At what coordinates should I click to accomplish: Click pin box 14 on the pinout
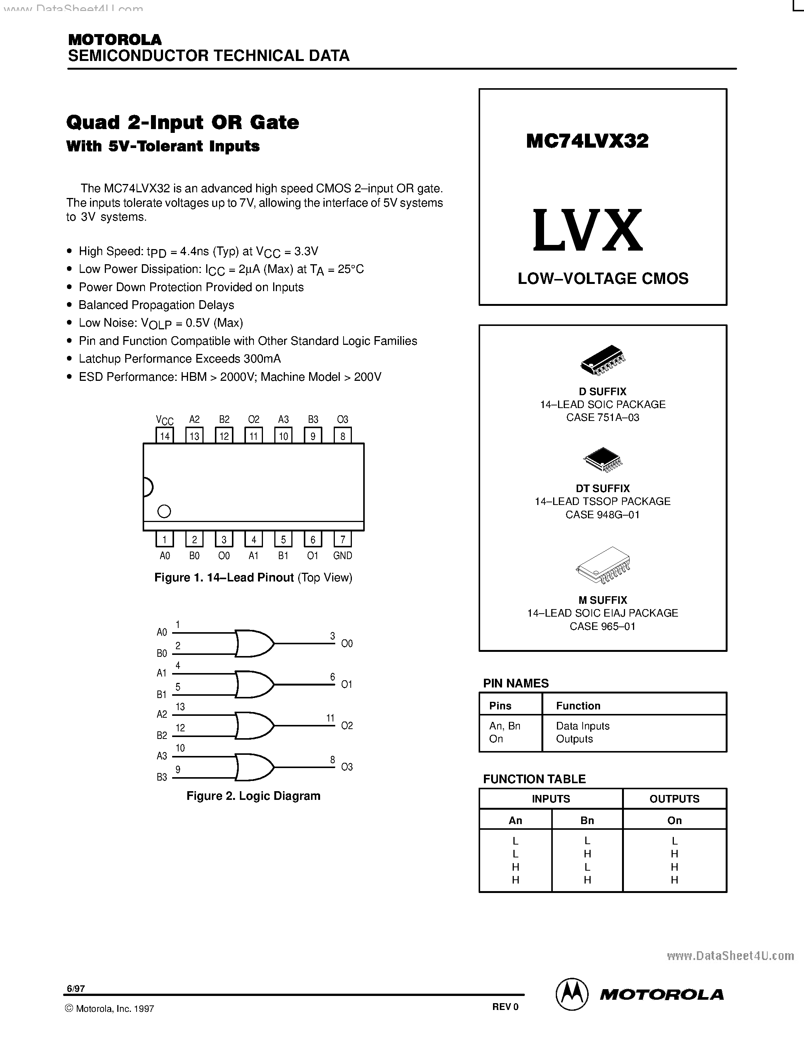tap(165, 436)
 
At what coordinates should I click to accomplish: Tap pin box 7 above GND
tap(342, 539)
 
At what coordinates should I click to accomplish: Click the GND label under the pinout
tap(342, 555)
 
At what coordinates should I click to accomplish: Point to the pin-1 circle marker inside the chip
tap(164, 511)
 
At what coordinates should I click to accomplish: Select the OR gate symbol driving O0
tap(254, 644)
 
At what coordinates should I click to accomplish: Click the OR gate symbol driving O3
tap(254, 767)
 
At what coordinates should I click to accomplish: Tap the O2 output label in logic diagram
tap(347, 725)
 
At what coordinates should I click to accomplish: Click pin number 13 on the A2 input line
tap(180, 707)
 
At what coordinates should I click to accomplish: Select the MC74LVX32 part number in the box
tap(587, 141)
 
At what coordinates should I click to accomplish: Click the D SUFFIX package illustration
tap(602, 359)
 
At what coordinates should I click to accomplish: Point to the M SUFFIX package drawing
tap(602, 566)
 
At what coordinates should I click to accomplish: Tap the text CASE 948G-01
tap(602, 515)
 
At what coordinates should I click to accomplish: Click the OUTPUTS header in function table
tap(674, 799)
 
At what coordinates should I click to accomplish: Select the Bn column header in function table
tap(587, 820)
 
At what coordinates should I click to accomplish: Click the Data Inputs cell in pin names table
tap(583, 726)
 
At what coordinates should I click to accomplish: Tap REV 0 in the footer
tap(505, 1007)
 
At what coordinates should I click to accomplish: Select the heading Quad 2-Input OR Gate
tap(182, 123)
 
